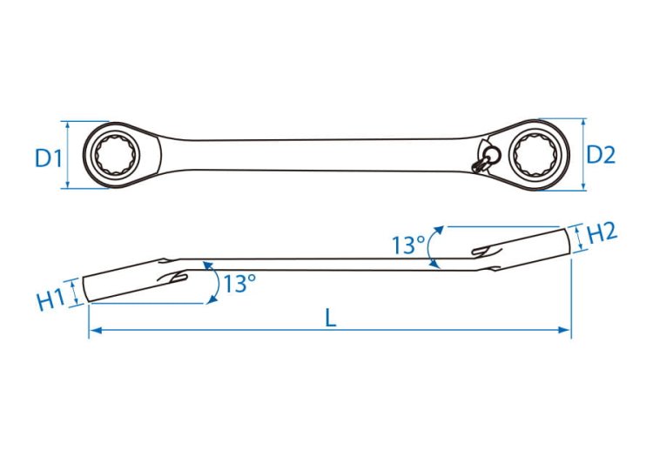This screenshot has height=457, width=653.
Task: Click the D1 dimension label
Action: coord(48,158)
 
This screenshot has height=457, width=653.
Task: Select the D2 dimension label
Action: coord(601,155)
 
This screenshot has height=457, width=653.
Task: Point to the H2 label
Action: coord(602,233)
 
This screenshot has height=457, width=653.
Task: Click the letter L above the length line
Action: coord(330,319)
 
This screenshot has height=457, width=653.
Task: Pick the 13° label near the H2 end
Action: coord(408,245)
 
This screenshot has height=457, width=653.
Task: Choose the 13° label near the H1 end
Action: coord(239,284)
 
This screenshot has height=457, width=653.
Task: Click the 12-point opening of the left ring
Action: coord(115,155)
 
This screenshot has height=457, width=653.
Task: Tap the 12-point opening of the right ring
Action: coord(535,151)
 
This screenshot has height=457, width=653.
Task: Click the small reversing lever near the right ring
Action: coord(485,161)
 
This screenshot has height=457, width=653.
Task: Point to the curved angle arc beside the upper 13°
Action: coord(431,247)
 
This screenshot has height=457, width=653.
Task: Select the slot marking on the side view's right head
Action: coord(488,251)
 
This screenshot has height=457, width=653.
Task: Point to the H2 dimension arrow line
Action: coord(578,239)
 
